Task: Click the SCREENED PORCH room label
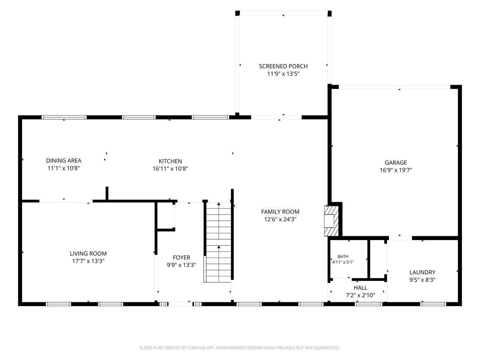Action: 283,66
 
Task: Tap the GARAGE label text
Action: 396,163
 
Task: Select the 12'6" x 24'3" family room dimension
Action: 280,219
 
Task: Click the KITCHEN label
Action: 170,161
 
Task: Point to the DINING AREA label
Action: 64,160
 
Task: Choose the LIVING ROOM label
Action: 88,253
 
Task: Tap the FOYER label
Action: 181,258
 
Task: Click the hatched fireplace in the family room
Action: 331,221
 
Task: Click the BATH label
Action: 343,256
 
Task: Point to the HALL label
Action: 360,288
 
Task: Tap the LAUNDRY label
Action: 422,272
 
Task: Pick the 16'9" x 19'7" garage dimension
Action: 396,170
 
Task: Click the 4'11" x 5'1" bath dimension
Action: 343,262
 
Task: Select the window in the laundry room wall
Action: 433,304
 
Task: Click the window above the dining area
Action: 64,117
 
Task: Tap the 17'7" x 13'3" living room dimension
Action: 88,261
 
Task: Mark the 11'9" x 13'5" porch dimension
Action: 283,74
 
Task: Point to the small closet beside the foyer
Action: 165,216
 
